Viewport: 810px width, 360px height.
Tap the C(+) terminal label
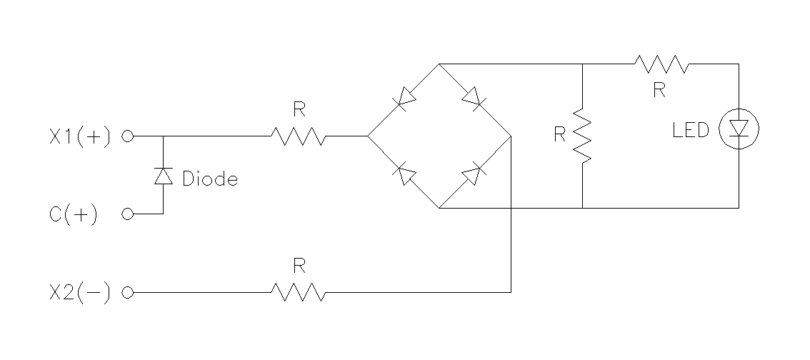[x=74, y=214]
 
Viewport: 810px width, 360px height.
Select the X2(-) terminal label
[x=80, y=293]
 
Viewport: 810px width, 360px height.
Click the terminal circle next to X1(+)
[x=128, y=136]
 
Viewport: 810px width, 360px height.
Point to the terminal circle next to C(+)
[x=128, y=214]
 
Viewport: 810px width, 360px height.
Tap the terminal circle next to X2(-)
[x=128, y=293]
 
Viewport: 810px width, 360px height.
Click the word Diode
[x=209, y=179]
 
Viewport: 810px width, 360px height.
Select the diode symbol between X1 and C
[x=164, y=176]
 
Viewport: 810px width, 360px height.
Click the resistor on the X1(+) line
[x=298, y=136]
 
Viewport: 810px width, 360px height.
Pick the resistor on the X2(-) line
[x=298, y=292]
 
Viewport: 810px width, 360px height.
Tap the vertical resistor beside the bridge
[x=584, y=136]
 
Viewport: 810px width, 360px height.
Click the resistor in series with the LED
[x=661, y=64]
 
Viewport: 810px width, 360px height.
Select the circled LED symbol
[x=739, y=129]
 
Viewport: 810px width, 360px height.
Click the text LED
[x=690, y=131]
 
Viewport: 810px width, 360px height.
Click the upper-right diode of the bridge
[x=472, y=97]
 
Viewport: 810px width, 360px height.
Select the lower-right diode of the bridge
[x=472, y=174]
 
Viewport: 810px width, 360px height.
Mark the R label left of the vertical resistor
[x=560, y=135]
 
